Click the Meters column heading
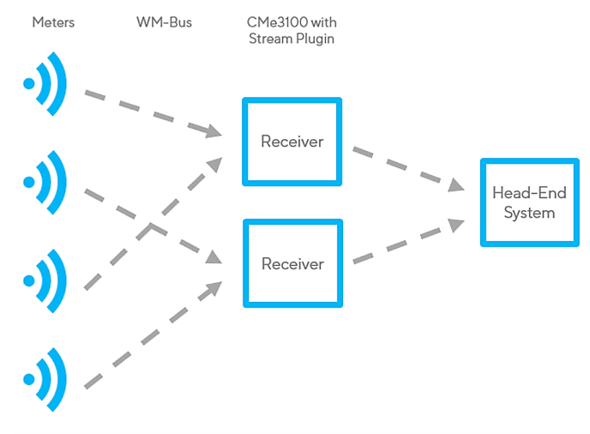click(x=53, y=22)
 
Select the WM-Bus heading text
click(x=163, y=22)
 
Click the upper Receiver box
click(x=292, y=142)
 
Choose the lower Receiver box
click(x=292, y=263)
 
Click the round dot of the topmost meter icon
click(x=29, y=83)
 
